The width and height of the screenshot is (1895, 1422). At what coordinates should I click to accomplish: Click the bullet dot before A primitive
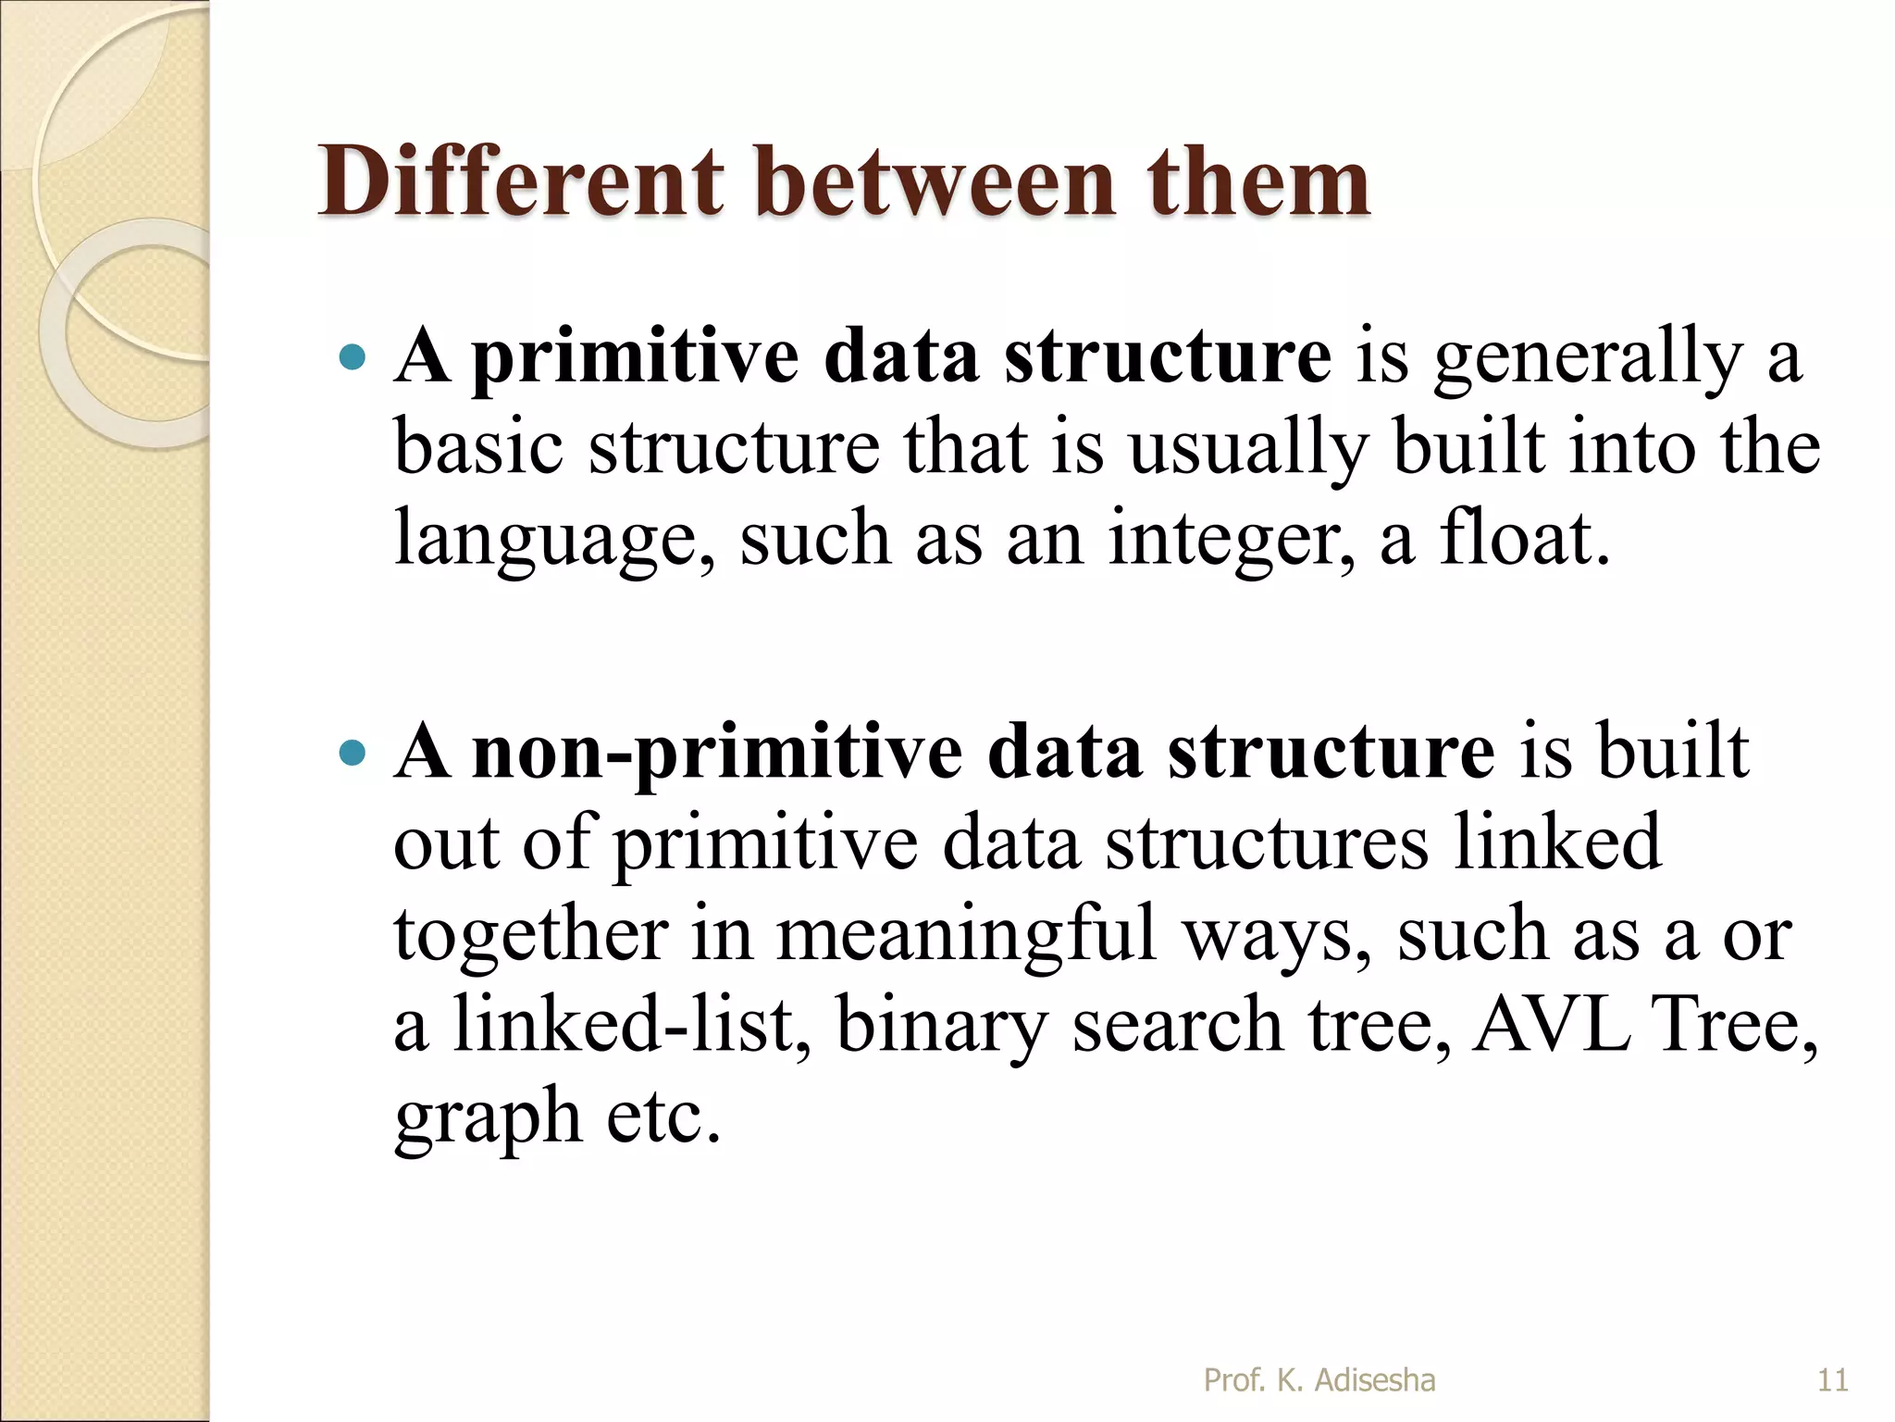[x=353, y=357]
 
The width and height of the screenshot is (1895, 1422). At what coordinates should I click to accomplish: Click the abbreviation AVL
[x=1552, y=1024]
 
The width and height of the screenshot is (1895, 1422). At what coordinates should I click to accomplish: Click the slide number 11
[x=1832, y=1380]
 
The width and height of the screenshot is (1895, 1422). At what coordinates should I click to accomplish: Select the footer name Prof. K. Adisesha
[x=1319, y=1380]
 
